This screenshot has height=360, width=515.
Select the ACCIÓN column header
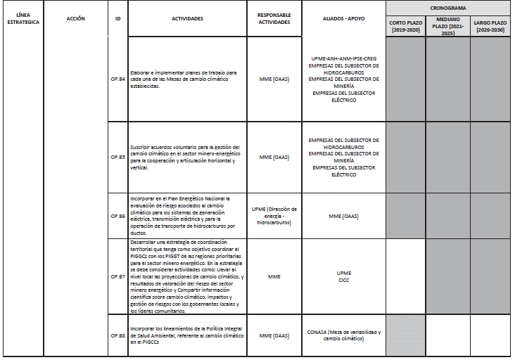75,18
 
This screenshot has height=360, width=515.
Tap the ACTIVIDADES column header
186,18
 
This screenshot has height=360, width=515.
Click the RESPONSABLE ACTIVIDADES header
274,18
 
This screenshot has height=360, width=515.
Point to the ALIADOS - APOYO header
343,18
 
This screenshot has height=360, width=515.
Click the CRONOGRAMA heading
448,7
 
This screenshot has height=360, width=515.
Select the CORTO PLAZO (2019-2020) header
405,27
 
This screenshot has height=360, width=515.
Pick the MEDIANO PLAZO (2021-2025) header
447,27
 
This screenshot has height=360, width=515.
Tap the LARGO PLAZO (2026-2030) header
492,27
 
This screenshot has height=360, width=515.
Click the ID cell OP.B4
117,79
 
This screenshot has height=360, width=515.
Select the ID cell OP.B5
117,157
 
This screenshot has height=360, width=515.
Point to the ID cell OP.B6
117,216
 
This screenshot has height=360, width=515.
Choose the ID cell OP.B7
117,277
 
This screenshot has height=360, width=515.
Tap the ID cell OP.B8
117,335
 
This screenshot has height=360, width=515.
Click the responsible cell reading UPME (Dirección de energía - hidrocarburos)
274,216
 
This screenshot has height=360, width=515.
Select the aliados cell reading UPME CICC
343,277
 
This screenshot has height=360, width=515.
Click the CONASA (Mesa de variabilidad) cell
343,335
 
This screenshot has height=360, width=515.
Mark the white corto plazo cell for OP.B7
405,277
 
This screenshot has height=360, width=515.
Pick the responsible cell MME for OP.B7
274,277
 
